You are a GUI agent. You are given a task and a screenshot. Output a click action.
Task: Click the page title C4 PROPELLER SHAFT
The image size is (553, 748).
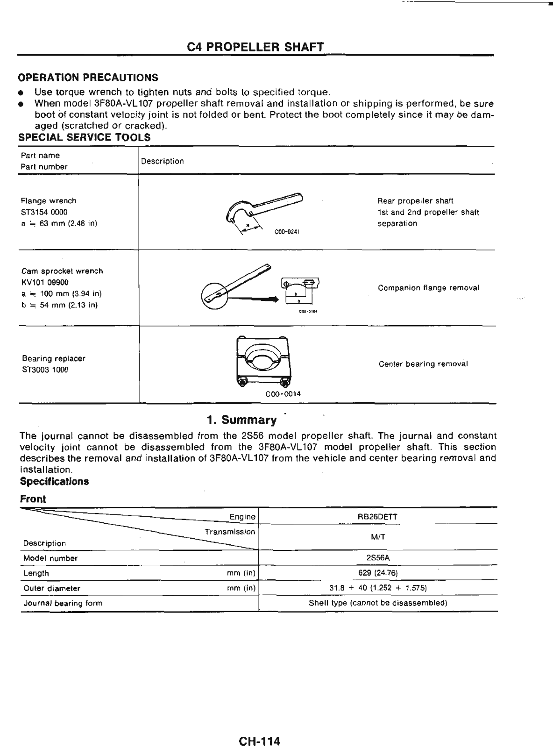pyautogui.click(x=255, y=47)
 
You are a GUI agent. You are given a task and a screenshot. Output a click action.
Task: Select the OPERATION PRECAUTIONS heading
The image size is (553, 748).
pyautogui.click(x=88, y=78)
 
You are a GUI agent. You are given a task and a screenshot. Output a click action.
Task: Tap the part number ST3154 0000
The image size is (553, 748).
pyautogui.click(x=44, y=212)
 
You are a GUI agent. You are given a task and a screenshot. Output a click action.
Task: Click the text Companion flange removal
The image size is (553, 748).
pyautogui.click(x=428, y=288)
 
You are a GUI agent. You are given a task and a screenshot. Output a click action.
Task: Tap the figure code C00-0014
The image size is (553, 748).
pyautogui.click(x=283, y=394)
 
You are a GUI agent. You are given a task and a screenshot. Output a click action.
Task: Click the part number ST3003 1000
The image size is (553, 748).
pyautogui.click(x=45, y=370)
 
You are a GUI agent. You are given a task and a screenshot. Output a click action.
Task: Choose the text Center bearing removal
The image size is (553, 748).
pyautogui.click(x=423, y=364)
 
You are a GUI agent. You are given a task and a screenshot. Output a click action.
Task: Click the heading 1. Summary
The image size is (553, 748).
pyautogui.click(x=242, y=420)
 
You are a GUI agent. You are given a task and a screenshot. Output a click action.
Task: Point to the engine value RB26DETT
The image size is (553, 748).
pyautogui.click(x=377, y=517)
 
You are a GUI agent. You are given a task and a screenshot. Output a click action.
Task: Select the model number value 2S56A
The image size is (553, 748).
pyautogui.click(x=377, y=558)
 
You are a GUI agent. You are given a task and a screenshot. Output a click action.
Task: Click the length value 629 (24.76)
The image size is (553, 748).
pyautogui.click(x=378, y=573)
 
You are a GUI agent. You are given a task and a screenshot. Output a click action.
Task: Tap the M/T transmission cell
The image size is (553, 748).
pyautogui.click(x=378, y=537)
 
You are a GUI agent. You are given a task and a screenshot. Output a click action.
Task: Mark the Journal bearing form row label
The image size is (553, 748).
pyautogui.click(x=63, y=603)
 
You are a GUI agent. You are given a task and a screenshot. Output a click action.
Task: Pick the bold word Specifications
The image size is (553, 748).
pyautogui.click(x=54, y=482)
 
